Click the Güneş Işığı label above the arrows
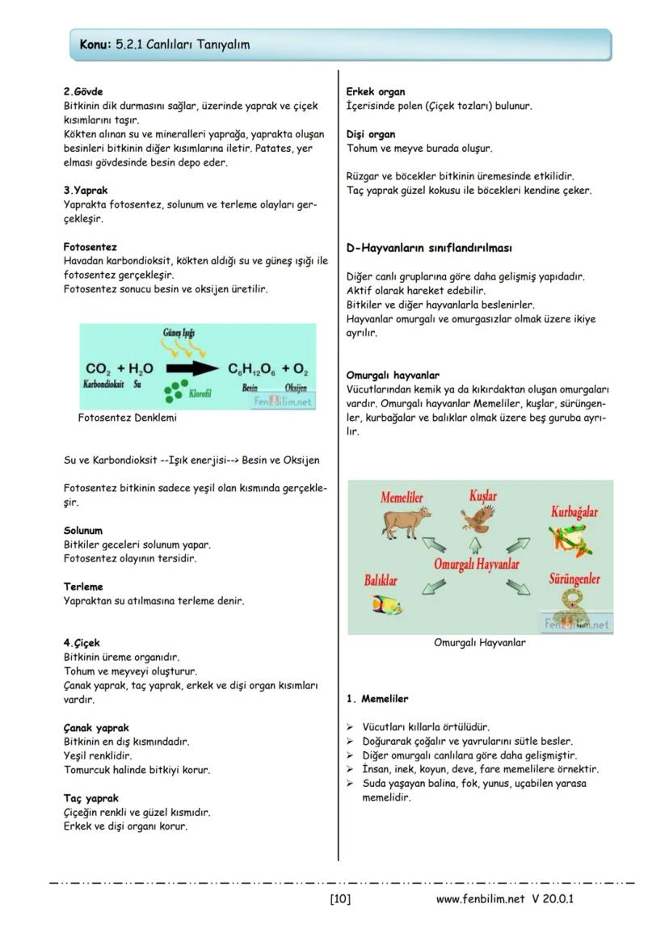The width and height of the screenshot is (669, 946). (x=179, y=333)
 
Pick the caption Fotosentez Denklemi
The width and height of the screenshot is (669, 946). (x=127, y=418)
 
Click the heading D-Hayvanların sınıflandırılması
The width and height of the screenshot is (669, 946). (x=428, y=248)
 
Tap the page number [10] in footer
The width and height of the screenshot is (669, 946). (x=340, y=898)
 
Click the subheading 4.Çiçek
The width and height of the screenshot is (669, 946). (x=82, y=643)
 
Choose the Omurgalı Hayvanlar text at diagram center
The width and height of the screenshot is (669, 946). (x=476, y=564)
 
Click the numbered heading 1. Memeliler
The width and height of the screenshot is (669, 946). (x=377, y=699)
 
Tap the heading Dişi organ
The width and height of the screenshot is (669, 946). (x=371, y=134)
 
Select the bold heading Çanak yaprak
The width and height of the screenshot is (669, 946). (x=96, y=728)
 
